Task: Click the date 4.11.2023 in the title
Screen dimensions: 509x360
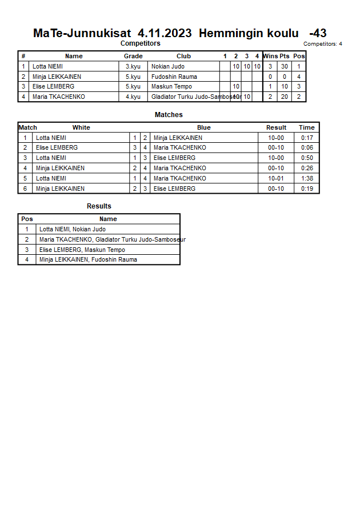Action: tap(165, 33)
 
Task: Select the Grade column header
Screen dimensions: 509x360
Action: tap(133, 56)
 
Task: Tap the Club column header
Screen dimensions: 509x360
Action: tap(183, 56)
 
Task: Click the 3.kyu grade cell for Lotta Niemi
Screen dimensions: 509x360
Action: tap(133, 66)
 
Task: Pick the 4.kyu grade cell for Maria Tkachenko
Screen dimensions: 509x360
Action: tap(133, 97)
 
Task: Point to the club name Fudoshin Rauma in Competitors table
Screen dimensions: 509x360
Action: tap(174, 77)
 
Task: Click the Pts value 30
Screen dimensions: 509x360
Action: tap(284, 66)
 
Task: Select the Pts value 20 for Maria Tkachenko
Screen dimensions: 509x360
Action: tap(284, 97)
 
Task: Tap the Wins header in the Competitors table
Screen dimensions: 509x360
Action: tap(270, 56)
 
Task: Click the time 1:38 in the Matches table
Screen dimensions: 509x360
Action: tap(307, 178)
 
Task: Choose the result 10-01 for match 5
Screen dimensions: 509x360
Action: tap(276, 178)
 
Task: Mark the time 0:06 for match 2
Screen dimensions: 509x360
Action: tap(307, 147)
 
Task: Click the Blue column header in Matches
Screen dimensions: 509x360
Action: tap(203, 127)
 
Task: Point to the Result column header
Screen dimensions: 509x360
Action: tap(276, 127)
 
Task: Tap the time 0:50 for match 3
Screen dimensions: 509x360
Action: tap(307, 158)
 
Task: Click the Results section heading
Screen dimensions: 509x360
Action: tap(99, 206)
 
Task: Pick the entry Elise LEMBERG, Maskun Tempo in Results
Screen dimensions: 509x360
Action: tap(82, 250)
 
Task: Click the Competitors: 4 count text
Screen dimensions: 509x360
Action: tap(323, 44)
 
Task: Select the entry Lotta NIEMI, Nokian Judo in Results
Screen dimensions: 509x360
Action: tap(73, 229)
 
